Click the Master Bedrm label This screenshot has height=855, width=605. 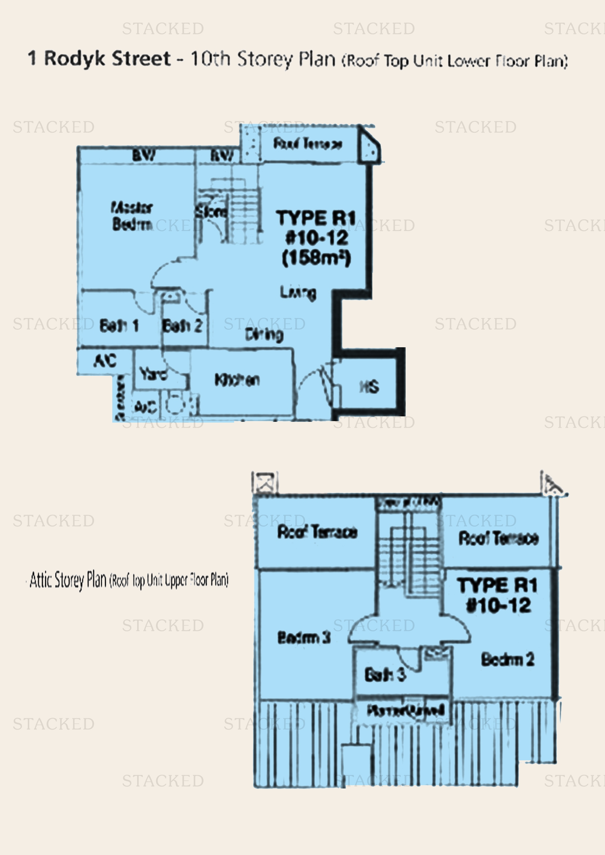pos(132,216)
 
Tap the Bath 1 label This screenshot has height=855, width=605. pos(119,325)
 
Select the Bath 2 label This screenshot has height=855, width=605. pos(183,325)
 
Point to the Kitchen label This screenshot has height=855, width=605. pos(237,379)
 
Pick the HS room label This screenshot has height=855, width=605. pos(369,386)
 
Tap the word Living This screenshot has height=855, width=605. pos(298,292)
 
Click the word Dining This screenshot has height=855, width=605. pos(264,334)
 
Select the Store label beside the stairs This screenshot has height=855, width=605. pos(211,212)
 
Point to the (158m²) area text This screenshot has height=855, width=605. pos(316,258)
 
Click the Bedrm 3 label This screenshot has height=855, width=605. pos(304,638)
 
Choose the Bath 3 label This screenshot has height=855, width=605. pos(385,674)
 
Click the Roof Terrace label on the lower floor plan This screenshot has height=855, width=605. pos(308,143)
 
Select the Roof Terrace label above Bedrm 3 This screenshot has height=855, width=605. pos(317,532)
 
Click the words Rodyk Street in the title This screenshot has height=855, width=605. pos(107,58)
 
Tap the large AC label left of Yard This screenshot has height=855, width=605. pos(105,360)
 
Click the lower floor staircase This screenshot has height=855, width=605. pos(238,208)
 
